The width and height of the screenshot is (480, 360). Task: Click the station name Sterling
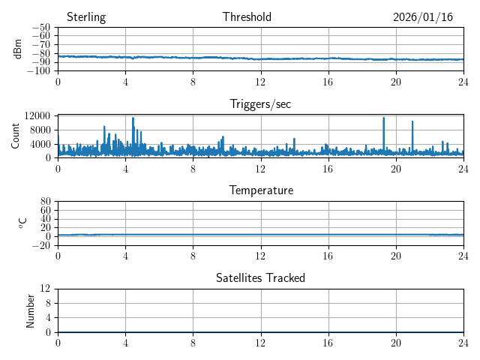pyautogui.click(x=86, y=17)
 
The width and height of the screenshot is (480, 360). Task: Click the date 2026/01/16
pyautogui.click(x=423, y=17)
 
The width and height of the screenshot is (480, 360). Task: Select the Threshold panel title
pyautogui.click(x=247, y=17)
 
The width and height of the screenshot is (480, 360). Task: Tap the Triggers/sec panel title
pyautogui.click(x=260, y=104)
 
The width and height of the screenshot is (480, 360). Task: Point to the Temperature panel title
pyautogui.click(x=261, y=190)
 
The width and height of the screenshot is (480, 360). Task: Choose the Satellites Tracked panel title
pyautogui.click(x=260, y=277)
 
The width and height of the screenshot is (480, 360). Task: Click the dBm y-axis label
pyautogui.click(x=18, y=49)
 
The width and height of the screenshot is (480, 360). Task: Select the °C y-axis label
pyautogui.click(x=22, y=223)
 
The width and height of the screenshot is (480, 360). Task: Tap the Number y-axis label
pyautogui.click(x=31, y=310)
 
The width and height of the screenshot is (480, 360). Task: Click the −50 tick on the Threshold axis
pyautogui.click(x=40, y=28)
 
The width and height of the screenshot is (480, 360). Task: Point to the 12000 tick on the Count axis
pyautogui.click(x=36, y=115)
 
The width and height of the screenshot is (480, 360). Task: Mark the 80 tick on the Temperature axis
pyautogui.click(x=45, y=202)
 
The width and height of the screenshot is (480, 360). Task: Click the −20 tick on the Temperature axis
pyautogui.click(x=40, y=245)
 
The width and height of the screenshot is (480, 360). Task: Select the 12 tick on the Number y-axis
pyautogui.click(x=45, y=289)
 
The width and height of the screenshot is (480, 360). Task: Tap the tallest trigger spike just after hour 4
pyautogui.click(x=133, y=118)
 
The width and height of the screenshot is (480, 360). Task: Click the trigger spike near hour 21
pyautogui.click(x=412, y=122)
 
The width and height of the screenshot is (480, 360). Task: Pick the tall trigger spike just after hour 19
pyautogui.click(x=384, y=118)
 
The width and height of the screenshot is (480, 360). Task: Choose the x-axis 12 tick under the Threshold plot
pyautogui.click(x=260, y=80)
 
